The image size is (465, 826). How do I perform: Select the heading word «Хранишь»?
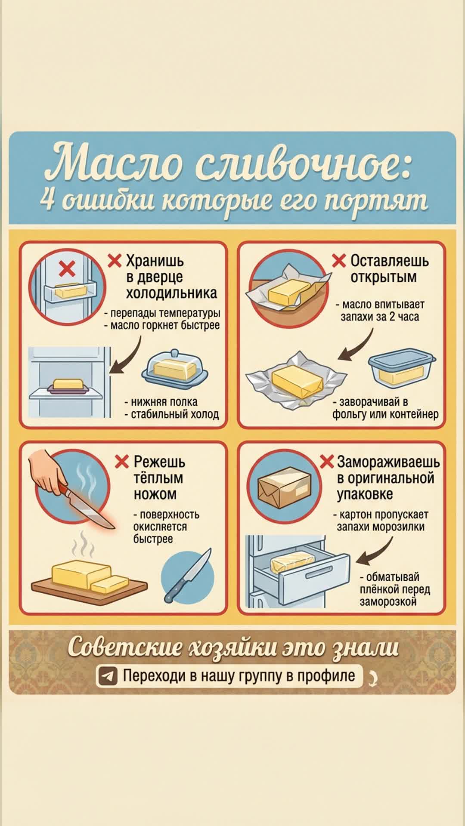pos(155,261)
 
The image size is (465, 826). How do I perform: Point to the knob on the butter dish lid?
pos(174,353)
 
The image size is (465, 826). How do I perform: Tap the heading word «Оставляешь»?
pos(390,261)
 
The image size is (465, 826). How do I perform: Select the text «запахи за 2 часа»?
pos(380,317)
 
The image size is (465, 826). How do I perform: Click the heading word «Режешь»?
pos(159,462)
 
